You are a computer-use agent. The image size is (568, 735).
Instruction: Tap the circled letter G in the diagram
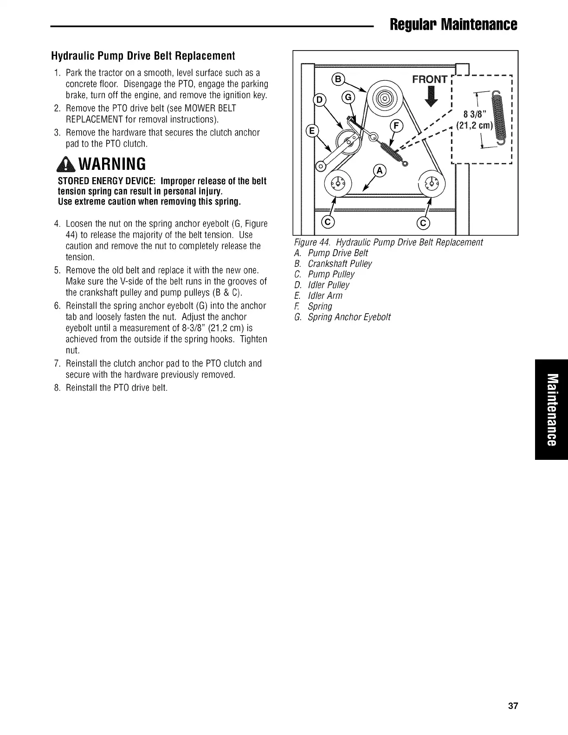tap(348, 98)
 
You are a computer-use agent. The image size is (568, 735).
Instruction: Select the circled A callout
tap(380, 171)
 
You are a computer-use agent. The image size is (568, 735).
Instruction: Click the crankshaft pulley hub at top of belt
tap(386, 99)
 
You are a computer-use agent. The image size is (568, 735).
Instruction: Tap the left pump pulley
tap(338, 182)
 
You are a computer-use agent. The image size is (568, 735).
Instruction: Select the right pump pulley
tap(432, 182)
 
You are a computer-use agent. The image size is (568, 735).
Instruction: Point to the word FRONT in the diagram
tap(430, 79)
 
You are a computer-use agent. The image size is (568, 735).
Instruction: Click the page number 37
tap(512, 706)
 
